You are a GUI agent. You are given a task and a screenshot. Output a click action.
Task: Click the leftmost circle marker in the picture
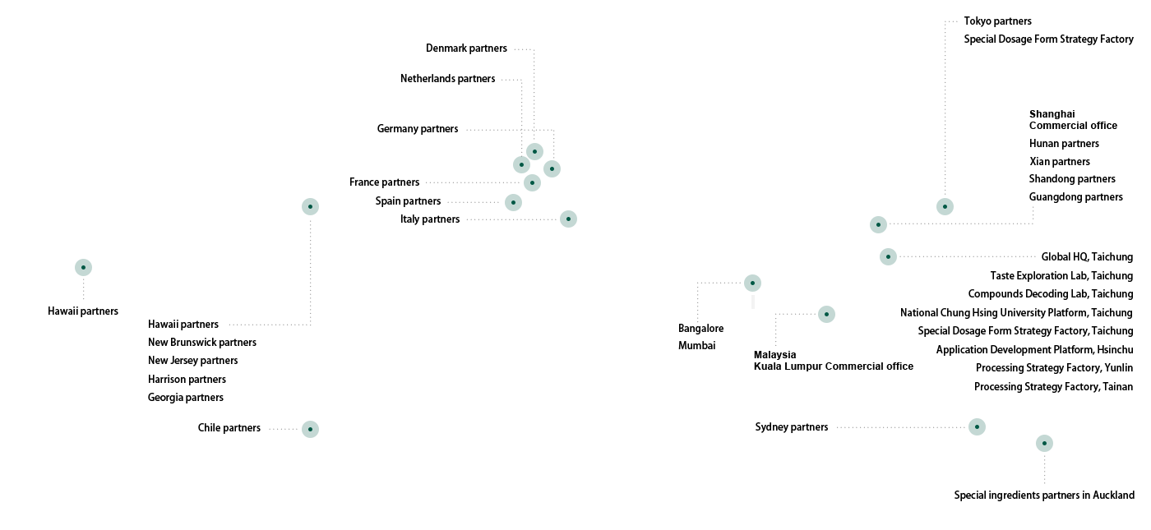pos(83,267)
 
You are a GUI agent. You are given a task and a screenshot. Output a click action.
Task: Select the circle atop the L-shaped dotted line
pos(310,206)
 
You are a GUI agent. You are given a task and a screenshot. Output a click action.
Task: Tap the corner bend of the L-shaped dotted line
pos(311,325)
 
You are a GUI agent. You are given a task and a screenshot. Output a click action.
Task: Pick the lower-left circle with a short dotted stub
pos(310,429)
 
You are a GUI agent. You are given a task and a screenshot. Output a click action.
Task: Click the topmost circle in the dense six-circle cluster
pos(534,151)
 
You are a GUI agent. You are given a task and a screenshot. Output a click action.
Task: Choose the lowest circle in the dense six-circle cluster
pos(568,219)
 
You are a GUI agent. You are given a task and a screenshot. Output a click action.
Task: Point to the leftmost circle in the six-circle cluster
pos(513,202)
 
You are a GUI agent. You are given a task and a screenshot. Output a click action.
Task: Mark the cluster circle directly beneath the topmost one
pos(532,182)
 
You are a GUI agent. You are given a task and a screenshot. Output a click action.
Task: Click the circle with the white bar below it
pos(752,283)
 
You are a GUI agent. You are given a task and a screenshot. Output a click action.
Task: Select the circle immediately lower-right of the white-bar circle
pos(826,314)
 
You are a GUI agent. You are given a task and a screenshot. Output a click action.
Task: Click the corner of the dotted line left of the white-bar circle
pos(698,283)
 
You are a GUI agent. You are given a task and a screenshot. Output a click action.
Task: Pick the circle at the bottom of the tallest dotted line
pos(945,206)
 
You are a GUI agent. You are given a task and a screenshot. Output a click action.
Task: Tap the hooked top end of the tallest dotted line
pos(945,21)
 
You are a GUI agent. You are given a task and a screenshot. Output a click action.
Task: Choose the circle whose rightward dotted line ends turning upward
pos(878,224)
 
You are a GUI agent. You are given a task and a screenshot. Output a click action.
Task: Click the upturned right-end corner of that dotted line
pos(1033,224)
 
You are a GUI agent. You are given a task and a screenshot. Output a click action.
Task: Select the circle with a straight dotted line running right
pos(888,256)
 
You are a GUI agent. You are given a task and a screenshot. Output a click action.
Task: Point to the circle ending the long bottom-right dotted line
pos(977,426)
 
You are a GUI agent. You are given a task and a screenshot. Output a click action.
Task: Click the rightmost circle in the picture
pos(1044,443)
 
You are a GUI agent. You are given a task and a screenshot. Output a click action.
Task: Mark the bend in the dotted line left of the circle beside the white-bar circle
pos(776,314)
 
